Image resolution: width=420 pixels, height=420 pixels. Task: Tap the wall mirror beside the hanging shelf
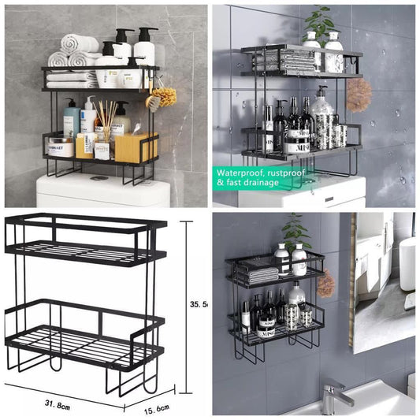381,280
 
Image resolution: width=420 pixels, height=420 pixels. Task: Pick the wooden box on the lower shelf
136,147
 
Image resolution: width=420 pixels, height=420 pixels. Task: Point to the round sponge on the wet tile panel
359,95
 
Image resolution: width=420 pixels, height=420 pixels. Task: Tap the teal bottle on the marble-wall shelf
72,119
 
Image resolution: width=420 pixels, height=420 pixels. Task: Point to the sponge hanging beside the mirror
325,283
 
